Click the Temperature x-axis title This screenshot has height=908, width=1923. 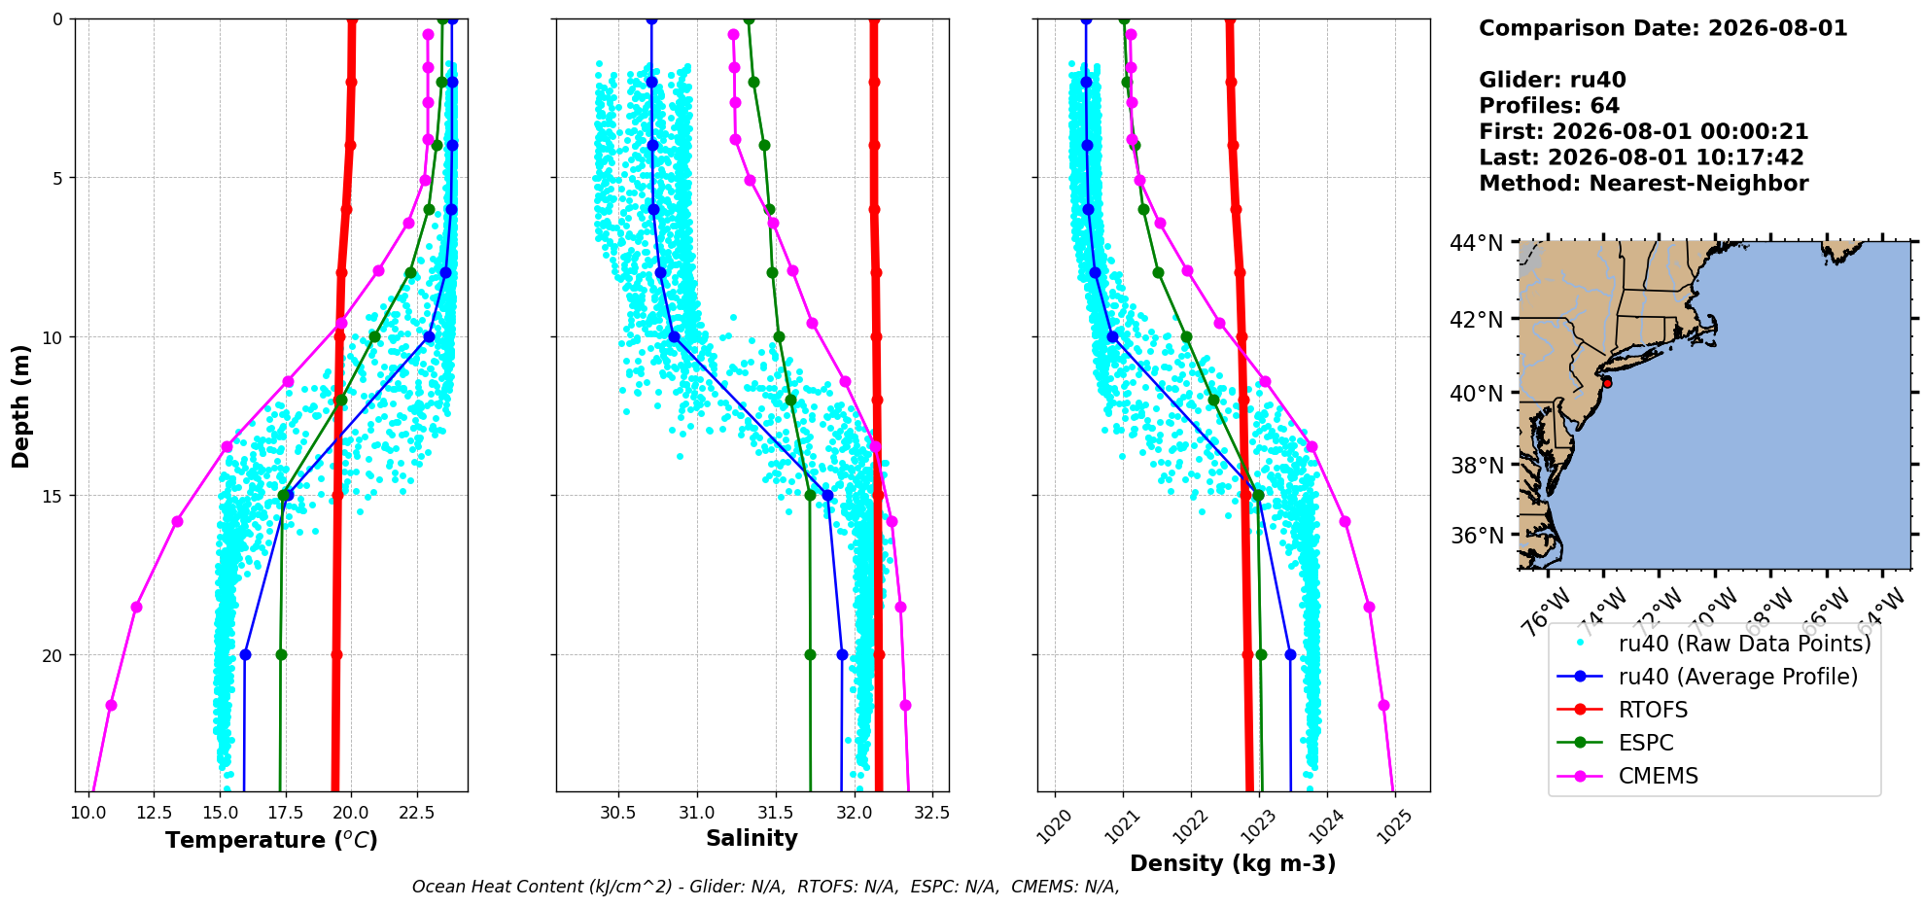coord(271,840)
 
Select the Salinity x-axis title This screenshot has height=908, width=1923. coord(752,838)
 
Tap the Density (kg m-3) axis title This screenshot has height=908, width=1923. coord(1233,863)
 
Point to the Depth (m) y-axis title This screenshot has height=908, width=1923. coord(20,405)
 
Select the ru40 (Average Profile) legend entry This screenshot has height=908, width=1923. coord(1707,677)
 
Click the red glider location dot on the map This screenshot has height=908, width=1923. coord(1607,383)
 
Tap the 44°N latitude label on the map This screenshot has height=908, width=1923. coord(1476,243)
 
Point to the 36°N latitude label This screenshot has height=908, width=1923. coord(1476,536)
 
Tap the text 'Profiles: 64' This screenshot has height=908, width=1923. coord(1549,106)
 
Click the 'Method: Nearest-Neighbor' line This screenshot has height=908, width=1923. coord(1643,184)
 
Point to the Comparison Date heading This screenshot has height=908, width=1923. coord(1662,28)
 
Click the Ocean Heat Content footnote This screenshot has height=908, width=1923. coord(765,887)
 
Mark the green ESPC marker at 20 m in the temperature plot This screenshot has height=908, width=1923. coord(281,654)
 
